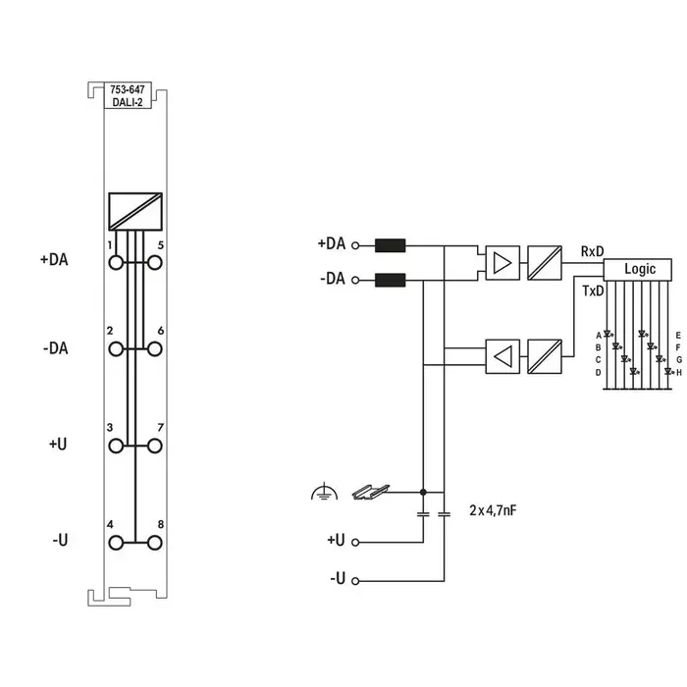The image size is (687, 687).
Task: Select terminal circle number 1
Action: tap(117, 262)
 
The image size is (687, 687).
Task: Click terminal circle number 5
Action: tap(154, 262)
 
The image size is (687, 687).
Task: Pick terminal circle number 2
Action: tap(117, 348)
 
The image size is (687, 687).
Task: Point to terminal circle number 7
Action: tap(154, 446)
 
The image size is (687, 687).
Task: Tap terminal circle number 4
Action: tap(117, 543)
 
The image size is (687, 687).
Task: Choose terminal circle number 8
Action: tap(154, 543)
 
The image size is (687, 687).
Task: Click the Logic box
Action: tap(639, 269)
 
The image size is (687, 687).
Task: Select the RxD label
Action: tap(592, 252)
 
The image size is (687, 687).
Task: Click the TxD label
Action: tap(593, 291)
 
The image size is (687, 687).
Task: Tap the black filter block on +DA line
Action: tap(391, 245)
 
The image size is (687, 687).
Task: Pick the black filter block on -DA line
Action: tap(391, 280)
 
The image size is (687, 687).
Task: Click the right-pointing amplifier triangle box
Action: tap(502, 262)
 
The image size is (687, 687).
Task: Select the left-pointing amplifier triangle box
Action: tap(502, 356)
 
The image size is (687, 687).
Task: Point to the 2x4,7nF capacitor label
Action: tap(500, 510)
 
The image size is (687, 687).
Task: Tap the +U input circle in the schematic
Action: tap(354, 541)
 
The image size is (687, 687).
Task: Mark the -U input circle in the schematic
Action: tap(354, 580)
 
